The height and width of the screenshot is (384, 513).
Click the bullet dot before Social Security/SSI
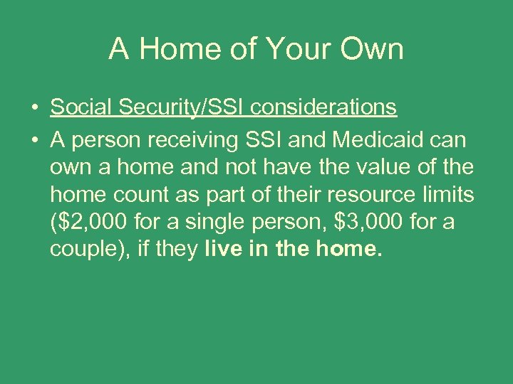[34, 108]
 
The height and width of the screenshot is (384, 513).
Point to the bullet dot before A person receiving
[34, 141]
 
